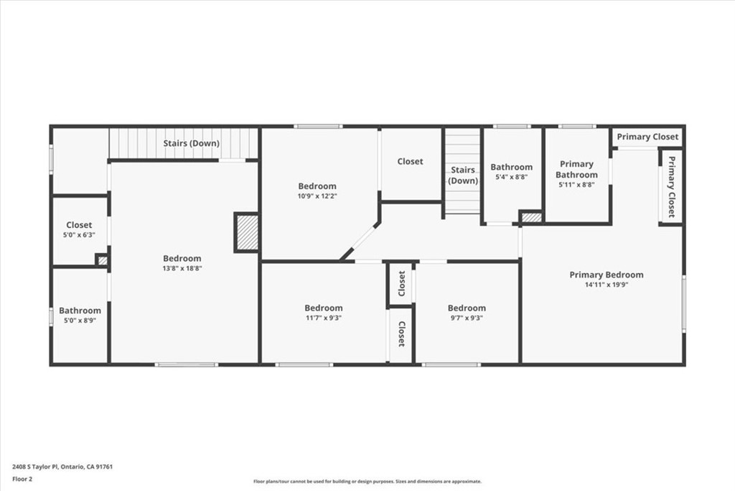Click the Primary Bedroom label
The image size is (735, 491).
(606, 275)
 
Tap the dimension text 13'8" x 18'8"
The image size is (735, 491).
(182, 268)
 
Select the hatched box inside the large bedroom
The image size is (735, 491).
(247, 232)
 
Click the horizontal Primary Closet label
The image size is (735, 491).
(647, 137)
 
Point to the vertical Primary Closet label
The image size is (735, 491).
(671, 186)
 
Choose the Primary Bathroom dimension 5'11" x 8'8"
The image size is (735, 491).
(576, 185)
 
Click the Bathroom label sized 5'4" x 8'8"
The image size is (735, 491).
(511, 167)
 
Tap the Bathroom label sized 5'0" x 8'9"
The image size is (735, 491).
(80, 311)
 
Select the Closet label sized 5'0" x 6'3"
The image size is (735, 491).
(79, 225)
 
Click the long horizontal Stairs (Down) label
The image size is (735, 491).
(191, 143)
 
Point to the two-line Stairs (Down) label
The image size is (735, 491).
(463, 175)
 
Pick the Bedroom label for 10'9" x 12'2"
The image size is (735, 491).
(317, 186)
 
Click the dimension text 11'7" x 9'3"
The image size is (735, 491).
(324, 318)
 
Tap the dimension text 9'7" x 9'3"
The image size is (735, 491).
(467, 318)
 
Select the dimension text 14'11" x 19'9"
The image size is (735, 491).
(606, 285)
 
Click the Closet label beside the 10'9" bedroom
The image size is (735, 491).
(410, 161)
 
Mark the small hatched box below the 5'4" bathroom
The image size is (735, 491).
(532, 218)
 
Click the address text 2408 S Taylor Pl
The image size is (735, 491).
(35, 467)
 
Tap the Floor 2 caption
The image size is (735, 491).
(22, 479)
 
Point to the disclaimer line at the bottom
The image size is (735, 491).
(367, 481)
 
